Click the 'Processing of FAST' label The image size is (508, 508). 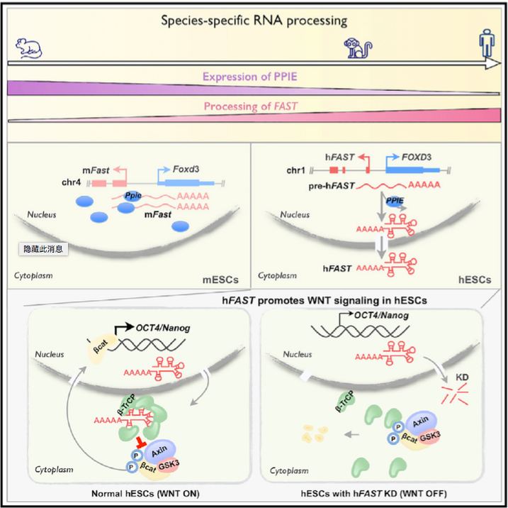pos(251,107)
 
